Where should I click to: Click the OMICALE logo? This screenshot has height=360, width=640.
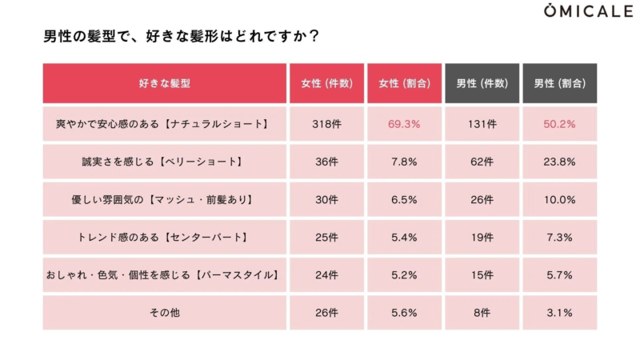point(587,11)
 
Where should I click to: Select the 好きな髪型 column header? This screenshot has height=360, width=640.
point(164,83)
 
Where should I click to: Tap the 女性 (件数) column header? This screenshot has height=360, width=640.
point(326,83)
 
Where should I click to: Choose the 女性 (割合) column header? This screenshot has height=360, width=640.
point(404,83)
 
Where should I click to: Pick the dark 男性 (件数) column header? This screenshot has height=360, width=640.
point(482,83)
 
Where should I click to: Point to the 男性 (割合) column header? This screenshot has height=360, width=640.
point(559,83)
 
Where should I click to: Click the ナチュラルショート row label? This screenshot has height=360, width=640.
point(164,124)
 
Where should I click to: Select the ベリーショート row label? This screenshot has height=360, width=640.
point(164,162)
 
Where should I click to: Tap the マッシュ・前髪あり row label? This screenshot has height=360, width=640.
point(164,199)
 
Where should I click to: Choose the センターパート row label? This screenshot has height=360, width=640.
point(164,238)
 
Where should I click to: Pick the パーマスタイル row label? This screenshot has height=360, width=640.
point(164,275)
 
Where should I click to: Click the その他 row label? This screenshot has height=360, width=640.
point(164,313)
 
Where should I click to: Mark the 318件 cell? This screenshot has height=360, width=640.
point(326,124)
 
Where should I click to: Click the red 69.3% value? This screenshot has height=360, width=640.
point(404,124)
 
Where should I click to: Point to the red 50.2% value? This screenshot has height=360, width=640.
point(559,124)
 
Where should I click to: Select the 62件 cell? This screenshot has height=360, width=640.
point(482,162)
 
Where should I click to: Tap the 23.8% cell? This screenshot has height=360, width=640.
point(559,162)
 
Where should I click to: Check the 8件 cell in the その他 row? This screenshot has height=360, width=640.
point(482,313)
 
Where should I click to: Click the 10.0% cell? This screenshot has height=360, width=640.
point(559,199)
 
